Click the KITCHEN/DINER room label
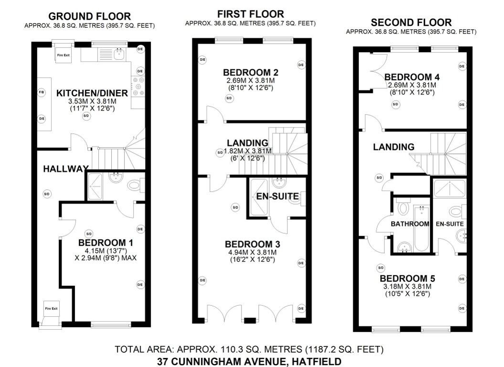(92, 93)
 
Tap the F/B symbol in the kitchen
(42, 92)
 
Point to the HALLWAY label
(66, 169)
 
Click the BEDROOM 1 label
(105, 243)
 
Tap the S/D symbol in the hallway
(47, 194)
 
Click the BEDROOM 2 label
(251, 73)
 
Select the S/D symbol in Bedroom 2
(229, 98)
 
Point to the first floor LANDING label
(247, 142)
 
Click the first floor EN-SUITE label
(277, 196)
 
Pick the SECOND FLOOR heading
(411, 22)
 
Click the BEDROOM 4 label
(412, 77)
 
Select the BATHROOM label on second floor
(410, 224)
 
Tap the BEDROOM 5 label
(408, 278)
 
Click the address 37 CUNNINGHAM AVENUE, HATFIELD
(249, 361)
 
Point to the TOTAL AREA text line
(249, 350)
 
